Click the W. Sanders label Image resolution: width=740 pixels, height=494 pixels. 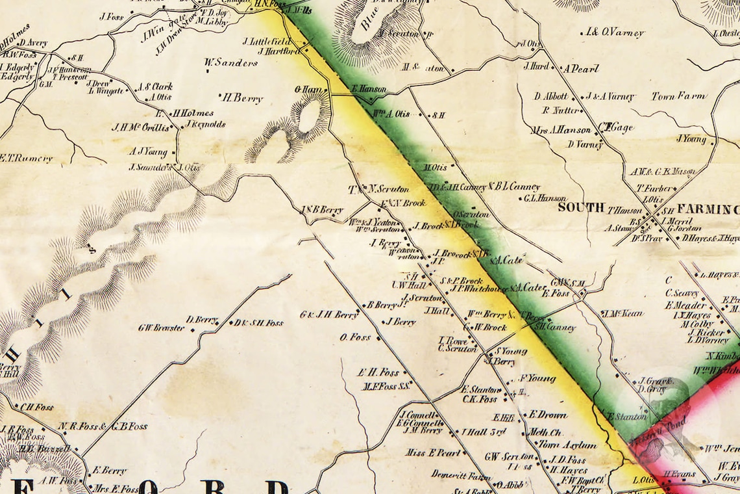[230, 63]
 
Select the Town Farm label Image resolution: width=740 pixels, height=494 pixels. [678, 96]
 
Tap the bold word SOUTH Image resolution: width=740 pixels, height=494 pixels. [581, 209]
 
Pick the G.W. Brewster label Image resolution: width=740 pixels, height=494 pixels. [161, 328]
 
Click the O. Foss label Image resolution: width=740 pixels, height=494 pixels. [355, 337]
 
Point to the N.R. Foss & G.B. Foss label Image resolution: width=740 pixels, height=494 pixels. [103, 426]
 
